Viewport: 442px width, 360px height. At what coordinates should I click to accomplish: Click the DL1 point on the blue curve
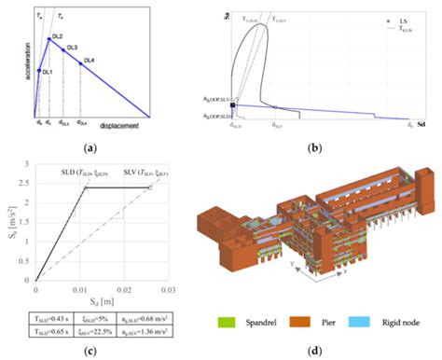point(37,68)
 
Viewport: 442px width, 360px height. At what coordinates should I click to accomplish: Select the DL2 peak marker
point(48,39)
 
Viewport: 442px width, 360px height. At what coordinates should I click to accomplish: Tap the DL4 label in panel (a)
point(90,62)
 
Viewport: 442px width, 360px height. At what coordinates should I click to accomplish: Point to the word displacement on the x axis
point(125,125)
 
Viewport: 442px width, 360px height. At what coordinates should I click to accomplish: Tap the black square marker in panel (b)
point(232,107)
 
